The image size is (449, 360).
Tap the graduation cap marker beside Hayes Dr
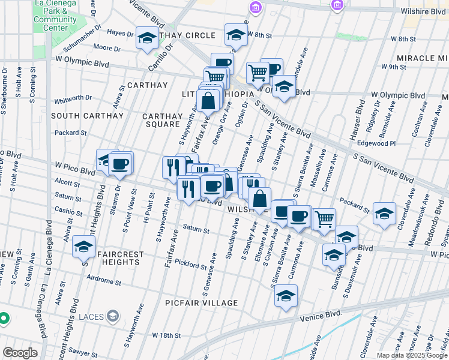click(146, 38)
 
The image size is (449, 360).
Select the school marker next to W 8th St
click(237, 35)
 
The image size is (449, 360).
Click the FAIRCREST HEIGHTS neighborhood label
click(115, 259)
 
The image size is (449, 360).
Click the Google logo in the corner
click(20, 353)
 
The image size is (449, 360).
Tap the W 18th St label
click(166, 335)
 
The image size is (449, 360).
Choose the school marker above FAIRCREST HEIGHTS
click(84, 246)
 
